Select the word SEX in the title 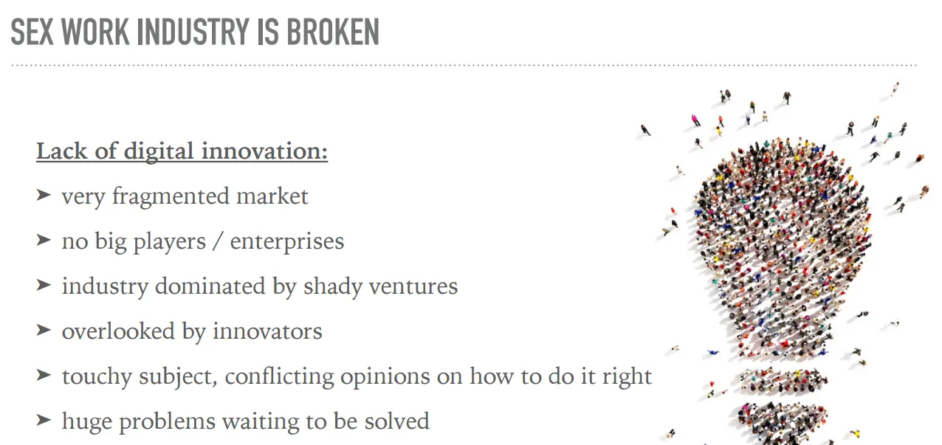pyautogui.click(x=32, y=32)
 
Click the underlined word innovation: pyautogui.click(x=264, y=151)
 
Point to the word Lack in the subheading pyautogui.click(x=61, y=151)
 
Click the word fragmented pyautogui.click(x=171, y=196)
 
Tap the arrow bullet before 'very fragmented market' pyautogui.click(x=44, y=195)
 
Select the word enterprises pyautogui.click(x=287, y=242)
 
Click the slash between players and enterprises pyautogui.click(x=218, y=241)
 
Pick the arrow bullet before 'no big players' pyautogui.click(x=44, y=240)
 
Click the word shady pyautogui.click(x=333, y=287)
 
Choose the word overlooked pyautogui.click(x=118, y=331)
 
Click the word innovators pyautogui.click(x=267, y=331)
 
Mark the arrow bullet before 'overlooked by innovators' pyautogui.click(x=44, y=331)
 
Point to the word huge pyautogui.click(x=87, y=421)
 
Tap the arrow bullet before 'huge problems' pyautogui.click(x=44, y=420)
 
